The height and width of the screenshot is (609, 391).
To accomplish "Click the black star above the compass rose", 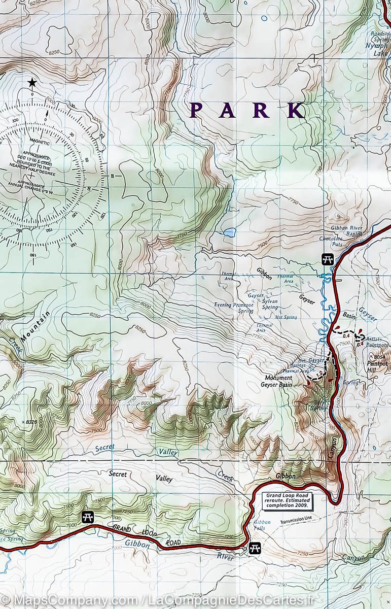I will (x=32, y=82).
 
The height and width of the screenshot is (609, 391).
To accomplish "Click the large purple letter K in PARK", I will (x=295, y=110).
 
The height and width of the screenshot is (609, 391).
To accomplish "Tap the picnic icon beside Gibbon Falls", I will (x=255, y=548).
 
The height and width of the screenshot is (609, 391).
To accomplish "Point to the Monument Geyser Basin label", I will (x=278, y=381).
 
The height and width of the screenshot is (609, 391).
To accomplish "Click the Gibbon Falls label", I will (x=262, y=525).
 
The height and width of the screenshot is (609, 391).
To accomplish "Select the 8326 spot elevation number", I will (x=31, y=422).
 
